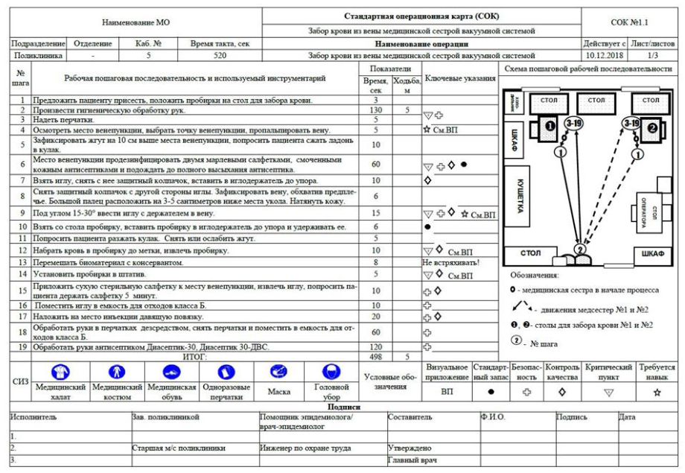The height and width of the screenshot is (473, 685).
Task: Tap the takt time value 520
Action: [x=220, y=55]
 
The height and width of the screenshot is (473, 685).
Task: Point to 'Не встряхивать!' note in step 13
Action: [x=450, y=263]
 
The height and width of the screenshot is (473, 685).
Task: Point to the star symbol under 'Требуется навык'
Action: [x=657, y=391]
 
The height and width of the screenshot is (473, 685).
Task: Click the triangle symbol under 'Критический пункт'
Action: [x=609, y=391]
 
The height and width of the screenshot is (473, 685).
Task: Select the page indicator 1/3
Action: [x=653, y=55]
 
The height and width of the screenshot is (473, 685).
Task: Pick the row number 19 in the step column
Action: [x=21, y=346]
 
